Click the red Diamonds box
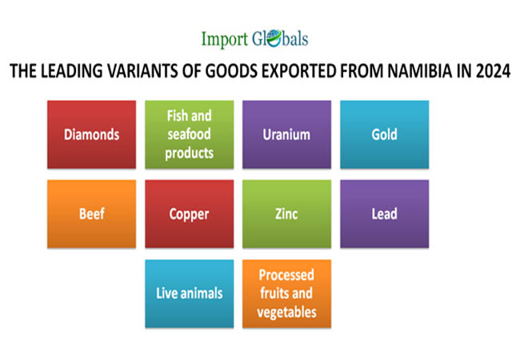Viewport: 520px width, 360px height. (x=91, y=134)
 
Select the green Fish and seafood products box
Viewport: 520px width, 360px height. (x=190, y=134)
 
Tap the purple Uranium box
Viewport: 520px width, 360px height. (x=287, y=134)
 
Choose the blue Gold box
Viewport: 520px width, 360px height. (x=385, y=134)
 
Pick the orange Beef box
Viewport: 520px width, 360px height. (x=91, y=214)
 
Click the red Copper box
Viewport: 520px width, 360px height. (x=190, y=214)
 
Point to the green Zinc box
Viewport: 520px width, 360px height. (x=287, y=214)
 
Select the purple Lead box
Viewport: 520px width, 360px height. (x=385, y=214)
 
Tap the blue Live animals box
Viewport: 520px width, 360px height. (x=190, y=294)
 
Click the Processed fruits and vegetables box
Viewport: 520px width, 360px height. (x=287, y=294)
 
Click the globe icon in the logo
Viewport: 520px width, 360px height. (x=274, y=38)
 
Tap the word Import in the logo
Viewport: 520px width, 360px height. (x=225, y=39)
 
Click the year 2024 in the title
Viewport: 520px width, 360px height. (x=493, y=71)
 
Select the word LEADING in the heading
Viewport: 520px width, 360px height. (x=71, y=71)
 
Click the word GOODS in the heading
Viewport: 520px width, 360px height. (x=231, y=71)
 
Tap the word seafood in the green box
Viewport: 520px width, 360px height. (x=189, y=134)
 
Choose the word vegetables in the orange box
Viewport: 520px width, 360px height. (x=287, y=313)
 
